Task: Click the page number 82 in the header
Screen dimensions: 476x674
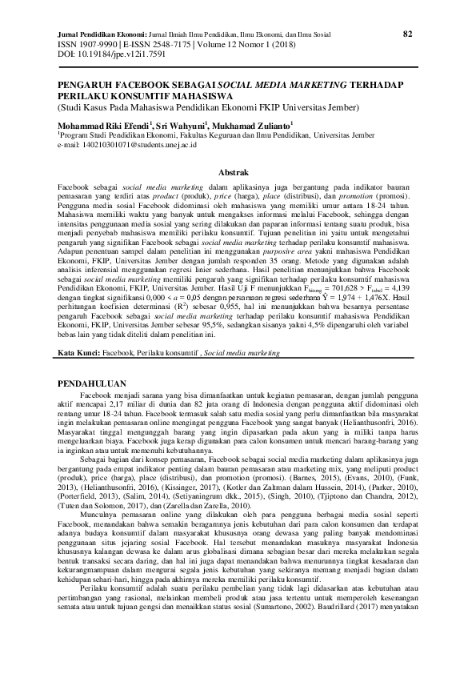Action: coord(407,34)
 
